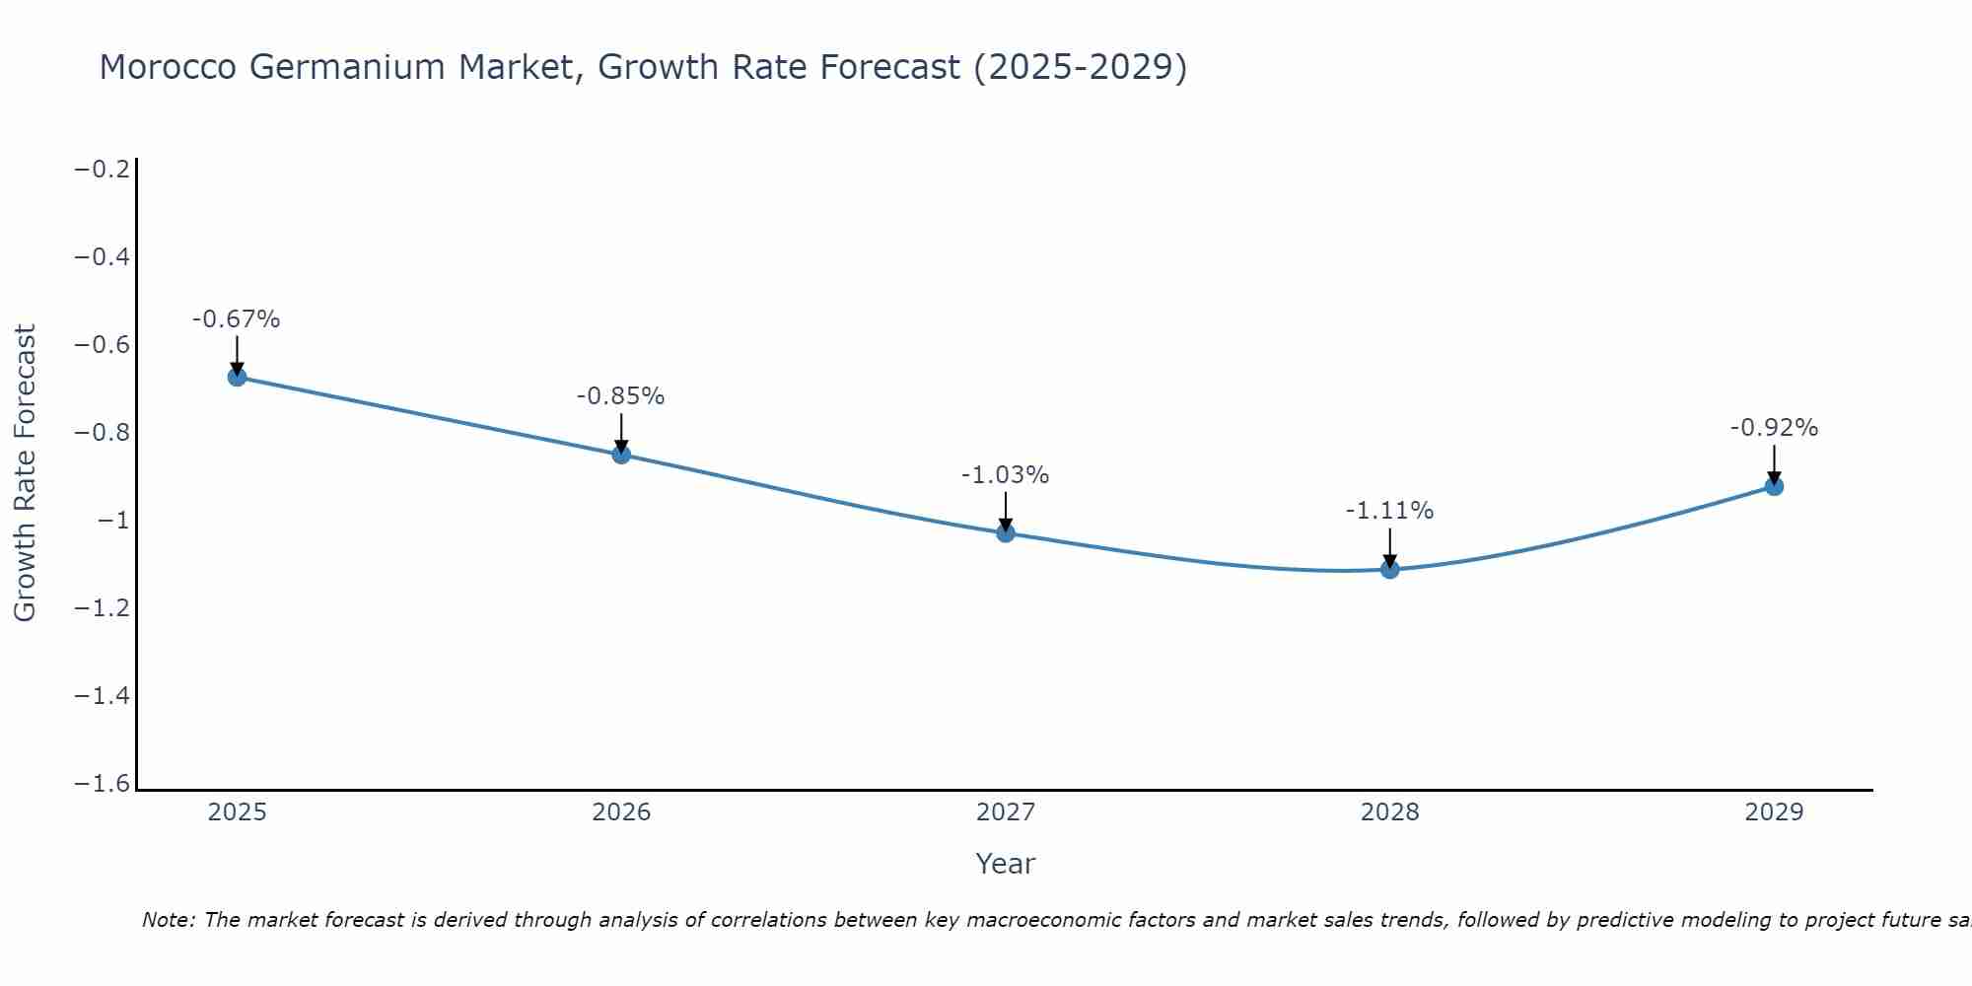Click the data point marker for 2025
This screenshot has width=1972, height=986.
pyautogui.click(x=237, y=377)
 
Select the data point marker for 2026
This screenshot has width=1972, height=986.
pyautogui.click(x=621, y=455)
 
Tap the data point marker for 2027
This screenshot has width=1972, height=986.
pyautogui.click(x=1006, y=533)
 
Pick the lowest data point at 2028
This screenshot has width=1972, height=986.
pyautogui.click(x=1390, y=569)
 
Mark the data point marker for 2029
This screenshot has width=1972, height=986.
pyautogui.click(x=1774, y=486)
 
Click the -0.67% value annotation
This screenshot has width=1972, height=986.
pyautogui.click(x=237, y=319)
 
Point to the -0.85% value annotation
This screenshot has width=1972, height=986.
pyautogui.click(x=620, y=396)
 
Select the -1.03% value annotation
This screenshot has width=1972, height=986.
pyautogui.click(x=1005, y=475)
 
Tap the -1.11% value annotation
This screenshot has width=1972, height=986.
pyautogui.click(x=1389, y=511)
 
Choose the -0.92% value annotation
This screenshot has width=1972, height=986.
pyautogui.click(x=1774, y=428)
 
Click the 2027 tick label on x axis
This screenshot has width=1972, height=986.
pyautogui.click(x=1006, y=812)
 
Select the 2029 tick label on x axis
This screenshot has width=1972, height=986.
pyautogui.click(x=1774, y=812)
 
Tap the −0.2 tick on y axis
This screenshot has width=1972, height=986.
pyautogui.click(x=103, y=170)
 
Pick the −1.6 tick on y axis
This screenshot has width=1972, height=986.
pyautogui.click(x=103, y=784)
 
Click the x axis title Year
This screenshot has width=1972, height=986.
pyautogui.click(x=1005, y=864)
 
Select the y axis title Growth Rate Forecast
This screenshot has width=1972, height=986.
pyautogui.click(x=25, y=473)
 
